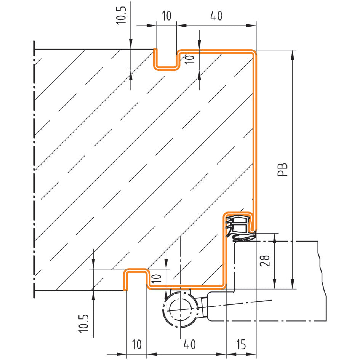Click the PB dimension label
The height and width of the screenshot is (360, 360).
283,170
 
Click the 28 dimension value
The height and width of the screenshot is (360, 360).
265,261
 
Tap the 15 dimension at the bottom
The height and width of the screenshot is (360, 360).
241,344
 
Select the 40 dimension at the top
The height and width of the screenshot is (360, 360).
216,16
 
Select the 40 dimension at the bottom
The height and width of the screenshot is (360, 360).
189,344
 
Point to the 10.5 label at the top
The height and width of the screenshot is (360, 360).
121,15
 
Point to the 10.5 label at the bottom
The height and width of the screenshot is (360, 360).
84,323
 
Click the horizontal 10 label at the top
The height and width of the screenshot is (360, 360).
167,16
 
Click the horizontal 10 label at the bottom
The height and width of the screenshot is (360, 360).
137,344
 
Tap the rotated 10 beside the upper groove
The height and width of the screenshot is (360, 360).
190,59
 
